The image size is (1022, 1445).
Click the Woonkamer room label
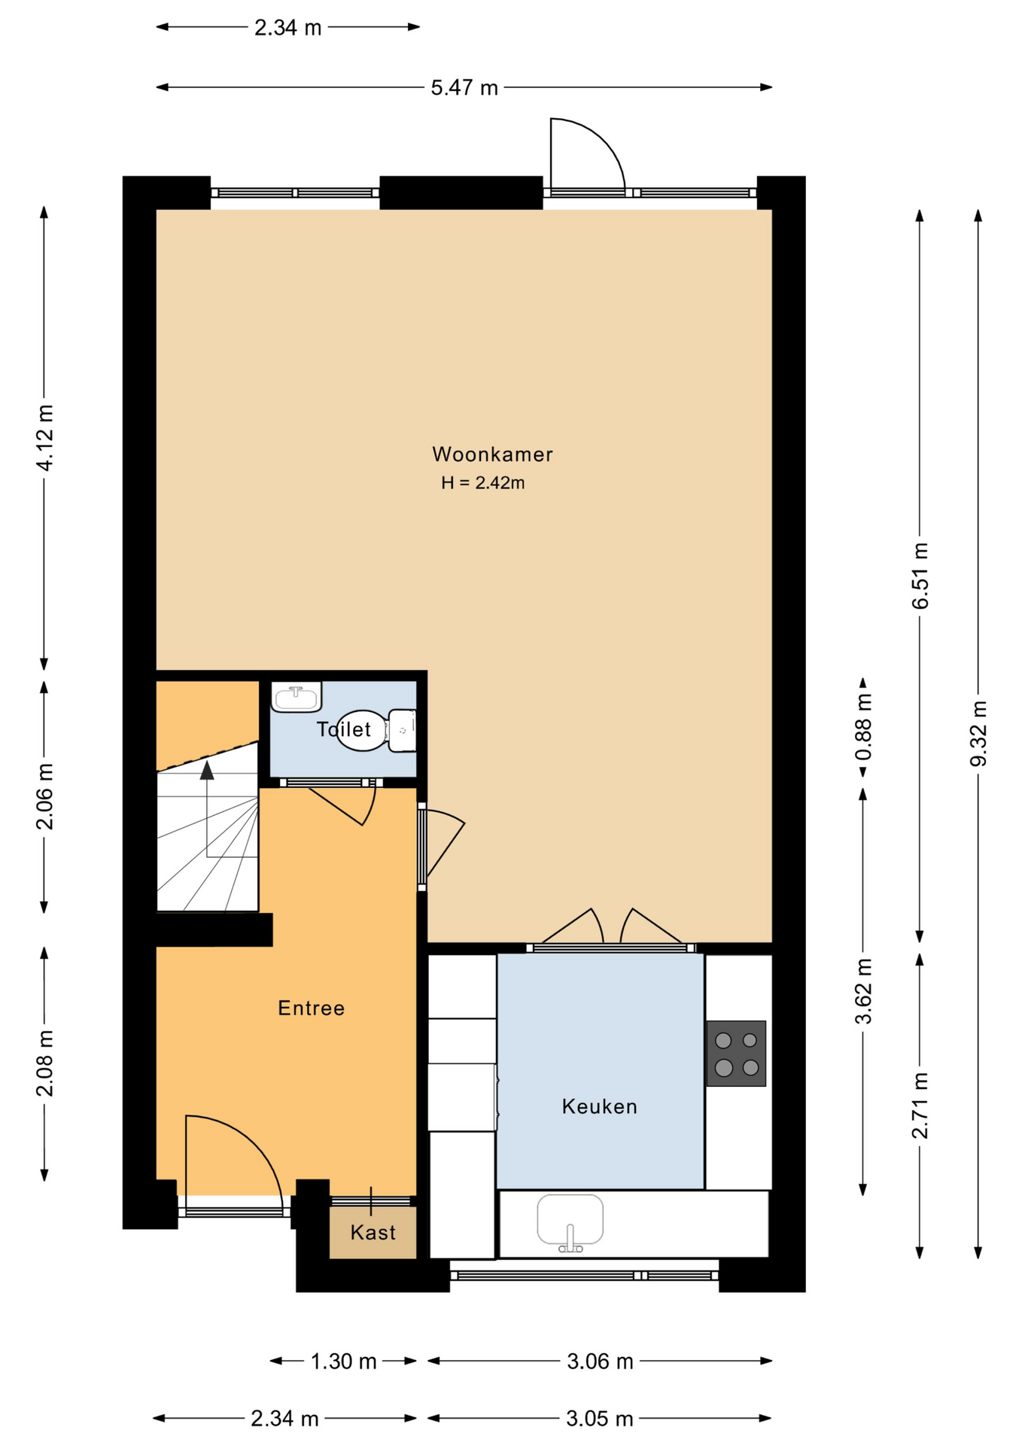point(492,455)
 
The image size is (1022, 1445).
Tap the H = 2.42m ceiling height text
point(482,483)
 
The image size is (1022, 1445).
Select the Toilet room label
point(344,729)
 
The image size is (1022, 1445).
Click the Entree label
point(312,1008)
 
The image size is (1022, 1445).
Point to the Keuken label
point(600,1106)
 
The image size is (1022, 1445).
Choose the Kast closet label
point(373,1232)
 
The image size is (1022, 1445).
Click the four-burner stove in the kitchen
point(736,1054)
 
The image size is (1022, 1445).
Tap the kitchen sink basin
point(570,1219)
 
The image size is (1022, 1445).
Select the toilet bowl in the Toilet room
point(376,730)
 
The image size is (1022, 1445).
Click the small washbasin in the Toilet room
point(297,696)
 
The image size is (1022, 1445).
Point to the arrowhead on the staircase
point(207,769)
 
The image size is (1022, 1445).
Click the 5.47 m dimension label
point(464,88)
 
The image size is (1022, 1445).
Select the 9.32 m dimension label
point(978,733)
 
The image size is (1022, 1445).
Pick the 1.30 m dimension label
point(344,1361)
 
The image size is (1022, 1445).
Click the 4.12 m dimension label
point(45,438)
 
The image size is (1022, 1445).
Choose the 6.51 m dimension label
point(920,576)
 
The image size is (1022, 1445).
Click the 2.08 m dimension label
point(45,1063)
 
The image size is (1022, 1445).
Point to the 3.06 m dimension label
point(600,1361)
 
